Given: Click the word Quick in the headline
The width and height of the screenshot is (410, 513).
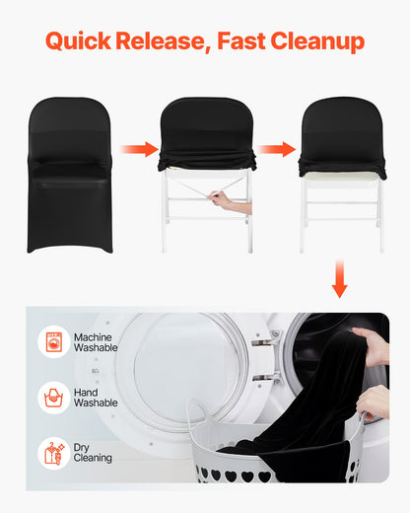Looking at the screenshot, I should coord(78,41).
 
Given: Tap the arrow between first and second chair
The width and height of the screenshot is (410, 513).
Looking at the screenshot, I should coord(139,149).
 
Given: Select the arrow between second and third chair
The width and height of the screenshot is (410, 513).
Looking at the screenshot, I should coord(278,149).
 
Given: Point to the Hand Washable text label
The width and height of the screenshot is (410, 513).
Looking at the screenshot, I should coord(96,398).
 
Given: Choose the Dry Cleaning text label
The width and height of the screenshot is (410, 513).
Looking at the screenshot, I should coord(93,453).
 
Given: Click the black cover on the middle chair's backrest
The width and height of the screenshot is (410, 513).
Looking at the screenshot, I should coord(205,128).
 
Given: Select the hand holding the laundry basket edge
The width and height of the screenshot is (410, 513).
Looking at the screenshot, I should coord(374,402).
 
